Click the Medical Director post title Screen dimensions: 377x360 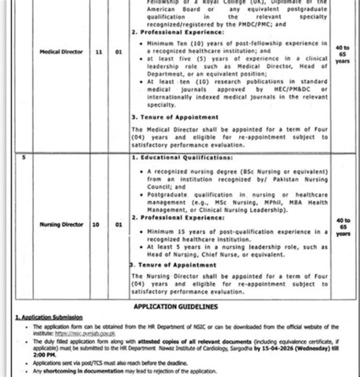[59, 52]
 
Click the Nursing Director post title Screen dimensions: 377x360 [59, 225]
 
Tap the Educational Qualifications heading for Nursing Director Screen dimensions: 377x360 [183, 157]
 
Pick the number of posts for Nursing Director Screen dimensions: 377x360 [117, 225]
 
